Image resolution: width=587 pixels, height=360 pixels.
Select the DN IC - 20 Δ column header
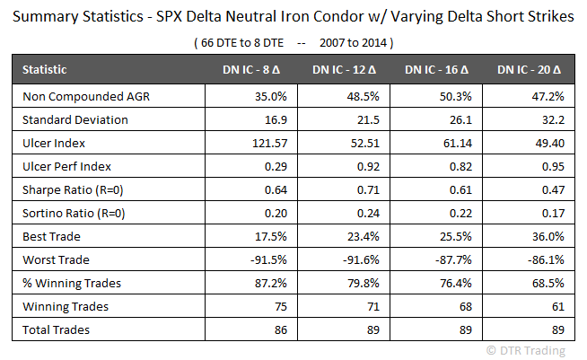coord(528,69)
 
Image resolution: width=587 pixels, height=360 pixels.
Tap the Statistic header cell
coord(44,69)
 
